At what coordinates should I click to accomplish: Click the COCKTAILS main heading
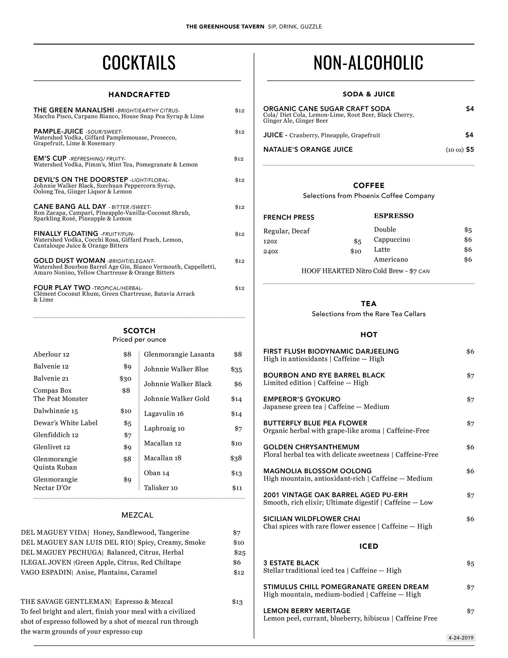(x=139, y=63)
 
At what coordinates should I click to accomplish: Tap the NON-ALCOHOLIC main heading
(x=368, y=63)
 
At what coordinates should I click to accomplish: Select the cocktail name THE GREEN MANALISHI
(x=74, y=110)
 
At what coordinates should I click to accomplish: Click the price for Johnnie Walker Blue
(x=236, y=369)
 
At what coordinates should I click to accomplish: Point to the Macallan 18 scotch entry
(x=162, y=458)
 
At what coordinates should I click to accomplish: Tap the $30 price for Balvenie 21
(x=125, y=378)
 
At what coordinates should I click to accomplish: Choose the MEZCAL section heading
(x=137, y=515)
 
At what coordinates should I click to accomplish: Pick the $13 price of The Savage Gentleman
(x=237, y=602)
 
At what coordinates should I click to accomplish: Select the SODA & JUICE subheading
(x=369, y=94)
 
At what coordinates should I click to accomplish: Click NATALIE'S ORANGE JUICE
(x=308, y=149)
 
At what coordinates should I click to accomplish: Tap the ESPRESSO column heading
(x=394, y=216)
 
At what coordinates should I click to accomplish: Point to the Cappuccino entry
(x=392, y=240)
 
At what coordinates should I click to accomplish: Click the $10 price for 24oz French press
(x=355, y=251)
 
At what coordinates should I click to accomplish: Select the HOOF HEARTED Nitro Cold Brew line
(x=365, y=271)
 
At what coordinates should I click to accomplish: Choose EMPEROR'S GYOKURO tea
(x=302, y=399)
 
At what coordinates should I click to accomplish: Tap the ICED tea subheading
(x=369, y=546)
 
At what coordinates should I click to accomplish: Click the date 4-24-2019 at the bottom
(x=461, y=638)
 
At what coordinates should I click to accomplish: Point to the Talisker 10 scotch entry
(x=161, y=488)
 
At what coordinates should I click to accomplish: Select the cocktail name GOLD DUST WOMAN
(x=69, y=261)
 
